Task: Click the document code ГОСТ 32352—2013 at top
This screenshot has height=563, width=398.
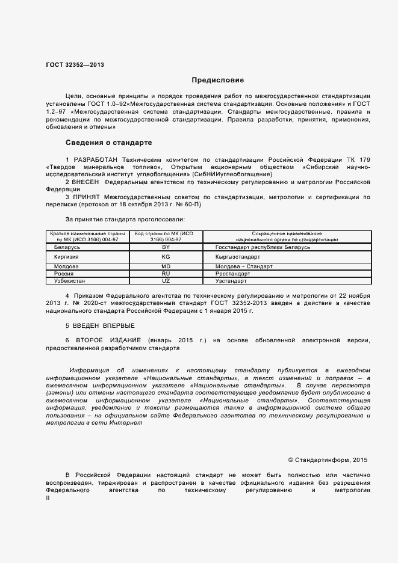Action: click(75, 64)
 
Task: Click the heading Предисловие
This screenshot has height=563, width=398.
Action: click(217, 79)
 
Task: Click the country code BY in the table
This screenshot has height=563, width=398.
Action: click(166, 247)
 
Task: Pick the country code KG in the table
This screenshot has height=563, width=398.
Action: click(166, 256)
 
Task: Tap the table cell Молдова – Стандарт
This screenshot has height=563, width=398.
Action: click(244, 266)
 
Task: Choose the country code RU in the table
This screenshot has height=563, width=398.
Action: click(166, 273)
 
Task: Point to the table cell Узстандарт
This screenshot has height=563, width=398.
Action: click(231, 281)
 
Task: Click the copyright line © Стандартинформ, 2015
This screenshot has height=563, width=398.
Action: click(328, 460)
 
